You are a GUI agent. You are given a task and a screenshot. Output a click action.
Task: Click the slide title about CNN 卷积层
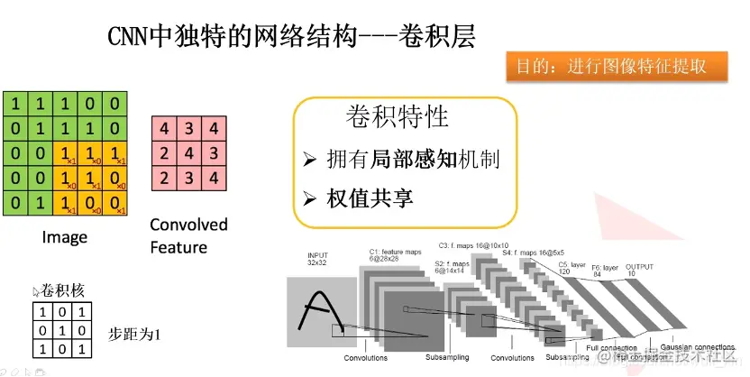(x=290, y=37)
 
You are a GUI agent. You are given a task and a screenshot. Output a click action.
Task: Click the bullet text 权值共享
(x=369, y=198)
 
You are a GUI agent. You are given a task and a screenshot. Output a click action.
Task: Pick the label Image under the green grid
(x=65, y=237)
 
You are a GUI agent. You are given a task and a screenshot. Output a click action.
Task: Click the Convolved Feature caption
(x=188, y=235)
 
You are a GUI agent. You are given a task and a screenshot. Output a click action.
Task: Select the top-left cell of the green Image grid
(x=15, y=104)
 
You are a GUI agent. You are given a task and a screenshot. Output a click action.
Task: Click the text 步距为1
(x=133, y=331)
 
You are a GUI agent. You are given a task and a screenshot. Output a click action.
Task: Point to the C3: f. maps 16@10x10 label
(x=472, y=244)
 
